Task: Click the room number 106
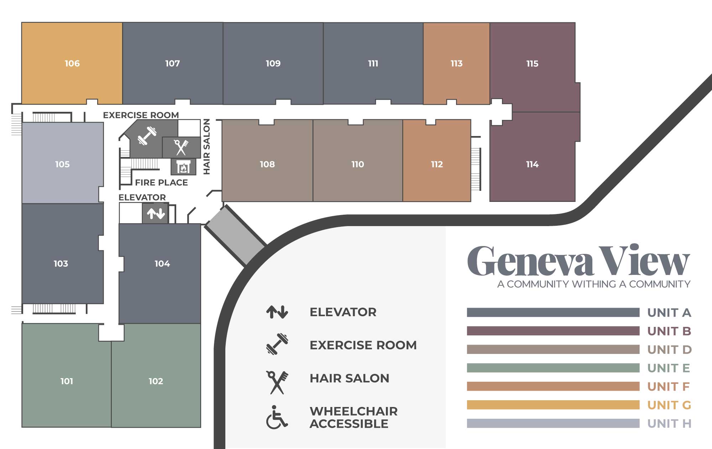(72, 63)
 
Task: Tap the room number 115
(532, 64)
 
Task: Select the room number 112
(437, 165)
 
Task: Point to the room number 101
(67, 381)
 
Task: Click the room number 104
(162, 264)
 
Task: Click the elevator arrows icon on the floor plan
(156, 213)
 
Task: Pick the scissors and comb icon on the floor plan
(181, 147)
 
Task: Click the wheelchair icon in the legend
(277, 417)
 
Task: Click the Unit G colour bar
(553, 405)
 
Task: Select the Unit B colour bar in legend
(553, 331)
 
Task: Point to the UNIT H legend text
(669, 424)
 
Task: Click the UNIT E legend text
(669, 368)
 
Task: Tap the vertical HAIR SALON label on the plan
(207, 147)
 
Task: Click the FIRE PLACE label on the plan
(161, 183)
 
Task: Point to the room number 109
(273, 63)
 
